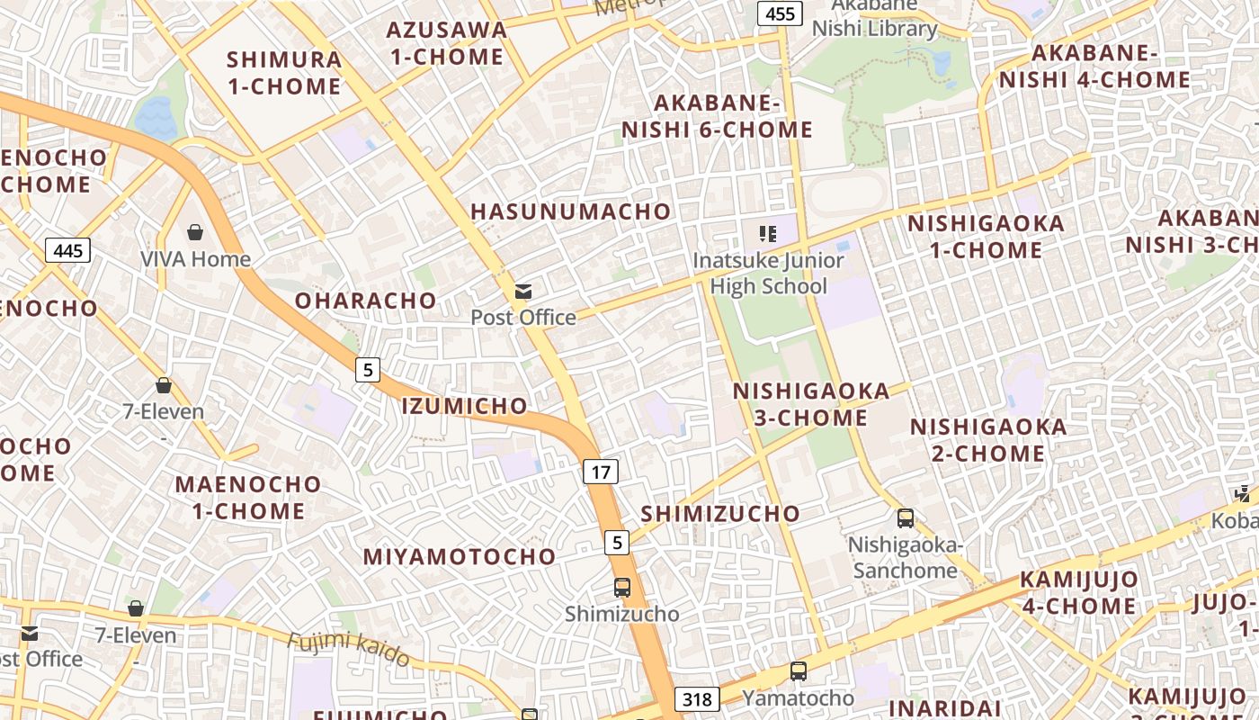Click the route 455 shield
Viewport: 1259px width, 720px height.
(x=781, y=13)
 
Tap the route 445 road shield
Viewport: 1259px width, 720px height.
(x=68, y=250)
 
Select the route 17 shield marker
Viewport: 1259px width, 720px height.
(x=601, y=471)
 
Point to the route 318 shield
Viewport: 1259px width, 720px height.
(x=697, y=699)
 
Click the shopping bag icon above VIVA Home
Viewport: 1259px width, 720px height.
(x=195, y=233)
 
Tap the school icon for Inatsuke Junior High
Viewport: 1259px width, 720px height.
(x=767, y=235)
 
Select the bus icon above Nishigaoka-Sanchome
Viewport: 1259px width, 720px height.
(x=906, y=518)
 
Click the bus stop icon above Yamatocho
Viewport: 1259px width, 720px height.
(x=798, y=670)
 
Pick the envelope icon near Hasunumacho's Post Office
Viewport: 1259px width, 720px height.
(x=522, y=291)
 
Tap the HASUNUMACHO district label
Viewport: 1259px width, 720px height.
(x=571, y=212)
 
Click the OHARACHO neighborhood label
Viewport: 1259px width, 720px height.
(x=366, y=301)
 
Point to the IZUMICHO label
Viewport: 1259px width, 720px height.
(x=464, y=406)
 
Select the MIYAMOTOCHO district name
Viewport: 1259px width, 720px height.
(x=460, y=557)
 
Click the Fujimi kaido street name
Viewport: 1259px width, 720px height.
(x=349, y=649)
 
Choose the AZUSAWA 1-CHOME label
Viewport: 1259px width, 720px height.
(x=446, y=43)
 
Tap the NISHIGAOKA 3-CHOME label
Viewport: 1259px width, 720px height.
(x=811, y=404)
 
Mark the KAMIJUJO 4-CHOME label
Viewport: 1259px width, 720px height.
(x=1079, y=592)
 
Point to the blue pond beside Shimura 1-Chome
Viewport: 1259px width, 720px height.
(x=156, y=117)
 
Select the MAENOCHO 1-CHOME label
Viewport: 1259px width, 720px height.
(x=248, y=498)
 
